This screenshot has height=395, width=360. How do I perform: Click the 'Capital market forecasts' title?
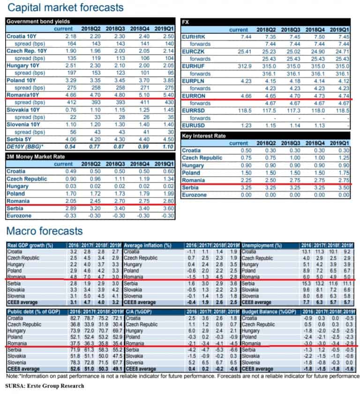tap(66, 8)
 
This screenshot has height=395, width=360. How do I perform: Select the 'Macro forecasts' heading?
tap(45, 231)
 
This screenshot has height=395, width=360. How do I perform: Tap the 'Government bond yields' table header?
tap(38, 22)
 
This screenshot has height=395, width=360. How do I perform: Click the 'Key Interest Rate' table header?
tap(204, 136)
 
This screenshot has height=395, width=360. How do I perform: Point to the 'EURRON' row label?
tap(194, 96)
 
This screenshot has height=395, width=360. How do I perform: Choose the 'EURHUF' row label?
tap(193, 66)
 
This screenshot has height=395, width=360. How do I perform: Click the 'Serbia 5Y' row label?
tap(19, 139)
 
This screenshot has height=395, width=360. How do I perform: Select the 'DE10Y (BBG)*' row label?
tap(25, 147)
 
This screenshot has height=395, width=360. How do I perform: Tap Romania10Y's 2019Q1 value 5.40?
tap(168, 95)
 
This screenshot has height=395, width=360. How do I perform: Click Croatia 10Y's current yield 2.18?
tap(71, 36)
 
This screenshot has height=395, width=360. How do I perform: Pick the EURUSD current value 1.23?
tap(246, 125)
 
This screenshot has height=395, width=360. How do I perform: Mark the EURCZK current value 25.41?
tap(244, 52)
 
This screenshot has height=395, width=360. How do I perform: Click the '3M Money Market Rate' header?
tap(36, 157)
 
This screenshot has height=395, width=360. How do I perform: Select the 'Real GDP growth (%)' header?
tap(30, 245)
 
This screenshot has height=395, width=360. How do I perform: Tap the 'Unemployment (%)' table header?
tap(262, 245)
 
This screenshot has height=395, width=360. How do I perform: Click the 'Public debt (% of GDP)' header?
tap(34, 312)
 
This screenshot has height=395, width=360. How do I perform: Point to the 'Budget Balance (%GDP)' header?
tap(269, 312)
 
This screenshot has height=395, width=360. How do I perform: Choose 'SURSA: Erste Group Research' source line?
tap(45, 386)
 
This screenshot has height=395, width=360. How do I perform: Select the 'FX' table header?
tap(185, 22)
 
